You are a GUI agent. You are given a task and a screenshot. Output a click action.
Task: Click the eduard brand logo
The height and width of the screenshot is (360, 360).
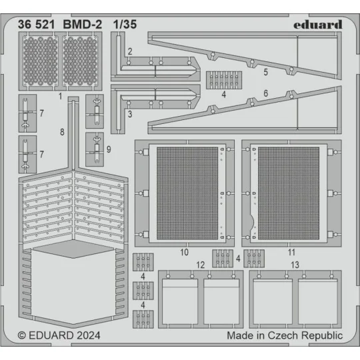pyautogui.click(x=318, y=25)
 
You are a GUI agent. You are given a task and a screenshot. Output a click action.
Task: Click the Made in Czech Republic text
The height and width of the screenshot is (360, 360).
pyautogui.click(x=285, y=335)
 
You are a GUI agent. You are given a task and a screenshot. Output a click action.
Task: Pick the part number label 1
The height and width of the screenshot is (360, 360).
pyautogui.click(x=60, y=96)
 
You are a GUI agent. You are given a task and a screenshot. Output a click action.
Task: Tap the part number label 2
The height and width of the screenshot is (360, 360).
pyautogui.click(x=130, y=51)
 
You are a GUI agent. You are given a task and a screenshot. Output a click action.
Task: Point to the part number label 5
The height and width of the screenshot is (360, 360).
pyautogui.click(x=266, y=71)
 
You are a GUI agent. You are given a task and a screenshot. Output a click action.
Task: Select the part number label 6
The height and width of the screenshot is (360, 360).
pyautogui.click(x=266, y=94)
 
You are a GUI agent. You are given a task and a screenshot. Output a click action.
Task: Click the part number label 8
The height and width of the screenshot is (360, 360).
pyautogui.click(x=62, y=133)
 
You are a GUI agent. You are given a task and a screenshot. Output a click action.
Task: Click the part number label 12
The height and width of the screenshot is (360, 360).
pyautogui.click(x=201, y=265)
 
